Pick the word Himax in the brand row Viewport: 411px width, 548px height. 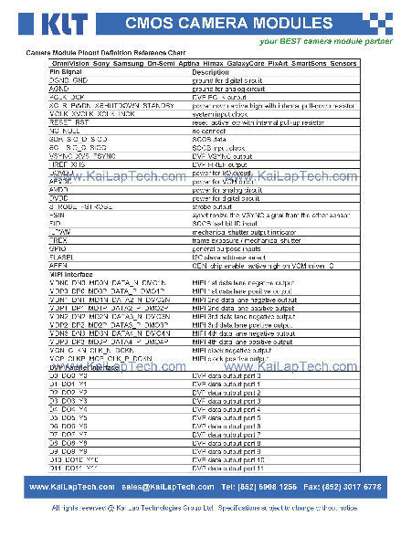(x=229, y=64)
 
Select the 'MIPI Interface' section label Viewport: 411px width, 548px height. (x=68, y=273)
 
